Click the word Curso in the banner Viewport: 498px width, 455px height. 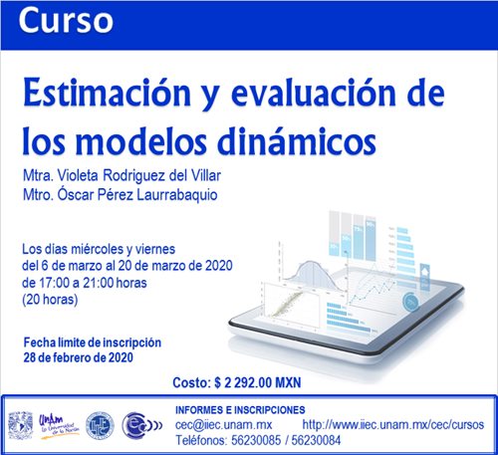66,21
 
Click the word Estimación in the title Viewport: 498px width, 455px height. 107,94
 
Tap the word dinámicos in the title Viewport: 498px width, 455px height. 297,141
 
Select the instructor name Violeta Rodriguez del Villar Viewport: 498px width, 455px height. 139,175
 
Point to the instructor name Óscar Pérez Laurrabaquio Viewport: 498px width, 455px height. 137,194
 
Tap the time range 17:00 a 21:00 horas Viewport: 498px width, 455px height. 93,283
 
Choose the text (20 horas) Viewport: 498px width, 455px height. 50,300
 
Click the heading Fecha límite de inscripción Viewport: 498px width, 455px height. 93,342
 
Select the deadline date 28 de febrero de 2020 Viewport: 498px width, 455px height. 79,357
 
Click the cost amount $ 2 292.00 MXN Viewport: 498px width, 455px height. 258,382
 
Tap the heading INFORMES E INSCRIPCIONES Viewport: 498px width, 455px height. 240,410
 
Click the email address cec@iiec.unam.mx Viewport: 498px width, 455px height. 223,425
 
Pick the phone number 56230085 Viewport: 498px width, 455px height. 256,440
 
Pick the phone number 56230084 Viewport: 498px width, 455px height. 316,440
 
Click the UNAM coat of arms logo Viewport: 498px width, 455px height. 21,425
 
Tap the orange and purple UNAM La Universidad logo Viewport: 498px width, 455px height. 59,426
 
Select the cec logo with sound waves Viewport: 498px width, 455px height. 142,425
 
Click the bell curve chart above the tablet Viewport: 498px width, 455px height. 312,274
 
